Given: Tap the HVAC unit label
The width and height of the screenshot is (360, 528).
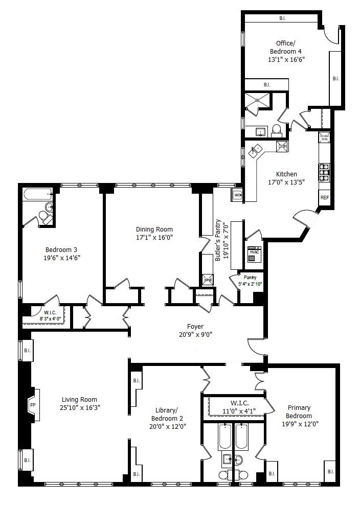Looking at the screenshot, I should click(254, 251).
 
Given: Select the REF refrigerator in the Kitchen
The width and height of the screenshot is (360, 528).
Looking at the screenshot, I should click(324, 197).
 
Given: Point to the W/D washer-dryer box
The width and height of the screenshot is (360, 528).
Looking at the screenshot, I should click(237, 195).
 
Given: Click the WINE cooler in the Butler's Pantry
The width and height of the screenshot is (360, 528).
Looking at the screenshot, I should click(208, 280).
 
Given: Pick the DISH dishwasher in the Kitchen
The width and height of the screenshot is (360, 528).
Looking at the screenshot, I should click(282, 147).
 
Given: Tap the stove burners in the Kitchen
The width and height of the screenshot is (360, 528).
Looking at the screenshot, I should click(324, 169).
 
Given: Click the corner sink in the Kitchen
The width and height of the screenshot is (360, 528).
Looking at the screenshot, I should click(256, 150).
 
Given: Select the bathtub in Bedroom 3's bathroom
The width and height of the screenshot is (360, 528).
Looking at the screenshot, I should click(37, 194).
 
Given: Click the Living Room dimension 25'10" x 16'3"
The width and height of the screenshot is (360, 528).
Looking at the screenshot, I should click(79, 407).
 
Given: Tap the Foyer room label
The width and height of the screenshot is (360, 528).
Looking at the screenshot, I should click(195, 327).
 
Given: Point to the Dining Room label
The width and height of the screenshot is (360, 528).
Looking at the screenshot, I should click(154, 229).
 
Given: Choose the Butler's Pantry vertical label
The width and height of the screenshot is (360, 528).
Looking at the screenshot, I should click(220, 240).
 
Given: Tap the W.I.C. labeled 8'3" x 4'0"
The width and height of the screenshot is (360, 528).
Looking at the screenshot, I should click(50, 315).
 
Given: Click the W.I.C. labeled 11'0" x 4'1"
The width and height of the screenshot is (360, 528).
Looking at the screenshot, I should click(236, 407).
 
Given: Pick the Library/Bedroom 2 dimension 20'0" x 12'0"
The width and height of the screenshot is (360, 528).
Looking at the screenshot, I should click(167, 426).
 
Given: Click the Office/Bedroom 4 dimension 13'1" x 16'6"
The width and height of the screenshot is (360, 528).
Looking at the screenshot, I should click(286, 59).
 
